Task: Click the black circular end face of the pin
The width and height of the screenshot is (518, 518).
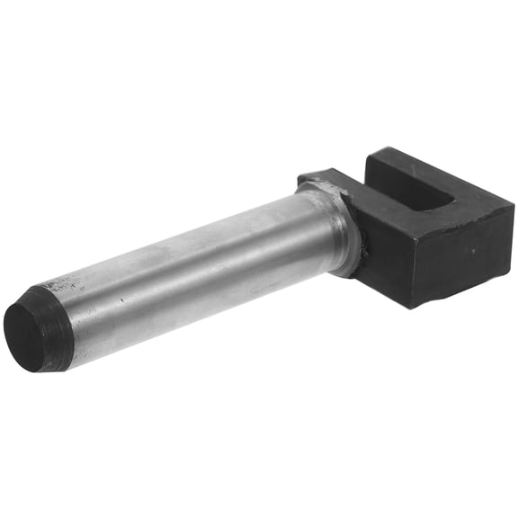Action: [x=24, y=335]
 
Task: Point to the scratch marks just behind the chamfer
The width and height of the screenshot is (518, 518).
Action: [x=68, y=293]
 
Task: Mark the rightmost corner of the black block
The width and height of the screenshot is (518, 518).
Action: [x=514, y=209]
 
